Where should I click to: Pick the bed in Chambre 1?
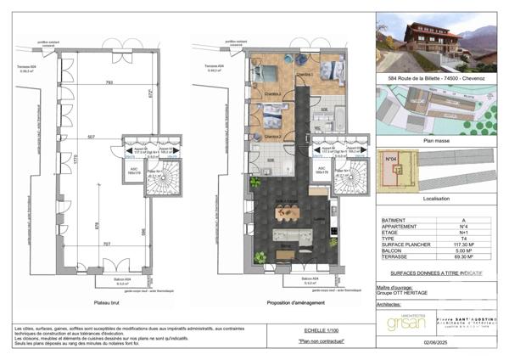pyautogui.click(x=332, y=69)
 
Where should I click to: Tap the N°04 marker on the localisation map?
pyautogui.click(x=393, y=160)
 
